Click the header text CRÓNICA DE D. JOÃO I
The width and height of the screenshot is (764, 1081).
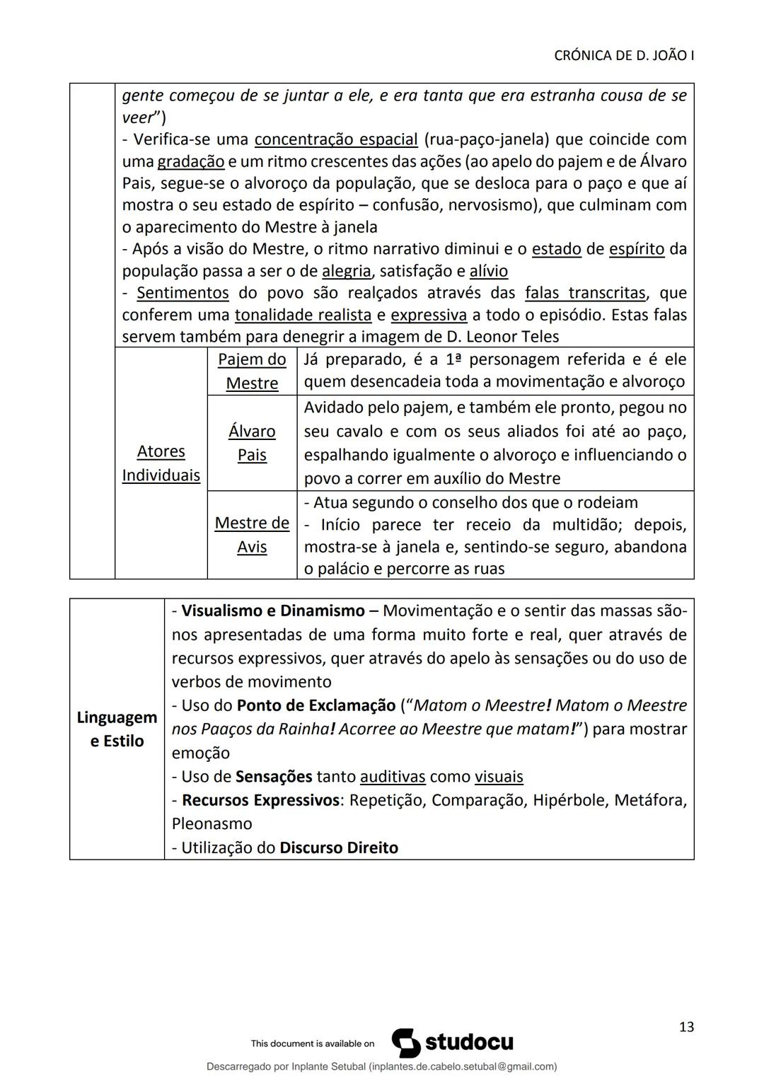[x=623, y=56]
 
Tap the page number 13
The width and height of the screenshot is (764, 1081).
[x=685, y=1027]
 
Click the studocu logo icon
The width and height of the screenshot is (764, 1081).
[x=406, y=1043]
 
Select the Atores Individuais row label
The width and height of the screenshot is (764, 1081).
[x=161, y=463]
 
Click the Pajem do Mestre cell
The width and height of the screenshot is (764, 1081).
[x=252, y=371]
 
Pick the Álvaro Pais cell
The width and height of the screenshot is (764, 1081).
[x=252, y=443]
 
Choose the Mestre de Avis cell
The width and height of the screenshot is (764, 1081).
[x=252, y=534]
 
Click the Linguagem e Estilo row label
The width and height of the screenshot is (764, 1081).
[x=117, y=729]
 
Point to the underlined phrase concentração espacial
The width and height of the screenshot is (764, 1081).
[x=336, y=139]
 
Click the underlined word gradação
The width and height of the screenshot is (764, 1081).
[x=190, y=161]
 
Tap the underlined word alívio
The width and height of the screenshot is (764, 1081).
[x=488, y=271]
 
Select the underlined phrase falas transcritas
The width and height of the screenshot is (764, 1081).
[x=585, y=293]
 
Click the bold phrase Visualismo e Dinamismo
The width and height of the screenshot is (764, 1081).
[x=273, y=611]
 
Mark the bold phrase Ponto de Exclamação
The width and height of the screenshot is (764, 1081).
[x=316, y=705]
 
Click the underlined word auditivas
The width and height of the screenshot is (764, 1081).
[x=393, y=776]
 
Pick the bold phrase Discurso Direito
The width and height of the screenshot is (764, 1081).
[x=339, y=848]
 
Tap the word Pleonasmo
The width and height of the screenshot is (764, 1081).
[x=212, y=823]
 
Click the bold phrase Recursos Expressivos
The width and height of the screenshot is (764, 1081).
[x=260, y=800]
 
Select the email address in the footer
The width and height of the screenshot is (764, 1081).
[x=462, y=1066]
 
